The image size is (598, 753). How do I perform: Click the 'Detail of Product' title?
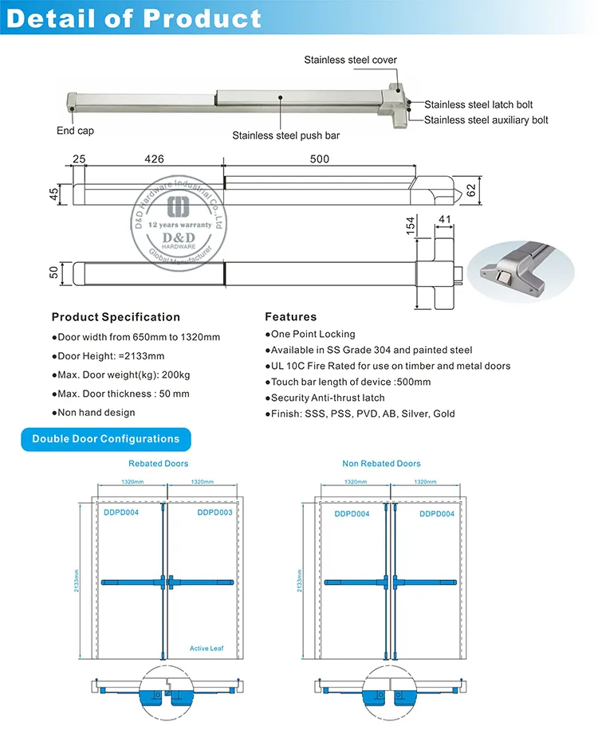pyautogui.click(x=133, y=18)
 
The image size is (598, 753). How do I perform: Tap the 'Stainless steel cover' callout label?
pyautogui.click(x=350, y=61)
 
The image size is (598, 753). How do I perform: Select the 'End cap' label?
pyautogui.click(x=74, y=131)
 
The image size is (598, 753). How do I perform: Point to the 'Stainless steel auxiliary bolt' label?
pyautogui.click(x=486, y=120)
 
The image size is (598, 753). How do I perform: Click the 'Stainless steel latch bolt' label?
pyautogui.click(x=478, y=104)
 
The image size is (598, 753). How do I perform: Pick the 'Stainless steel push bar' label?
pyautogui.click(x=285, y=135)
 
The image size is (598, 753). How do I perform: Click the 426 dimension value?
pyautogui.click(x=154, y=159)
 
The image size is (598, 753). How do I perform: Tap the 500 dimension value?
pyautogui.click(x=319, y=159)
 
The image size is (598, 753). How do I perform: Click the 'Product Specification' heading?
pyautogui.click(x=116, y=317)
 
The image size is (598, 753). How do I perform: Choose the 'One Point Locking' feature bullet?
pyautogui.click(x=310, y=335)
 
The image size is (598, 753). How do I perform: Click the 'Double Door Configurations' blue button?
pyautogui.click(x=106, y=439)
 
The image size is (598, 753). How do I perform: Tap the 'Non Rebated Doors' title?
pyautogui.click(x=381, y=464)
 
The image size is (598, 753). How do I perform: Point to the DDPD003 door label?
pyautogui.click(x=214, y=513)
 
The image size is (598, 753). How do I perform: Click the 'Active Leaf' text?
pyautogui.click(x=207, y=649)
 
